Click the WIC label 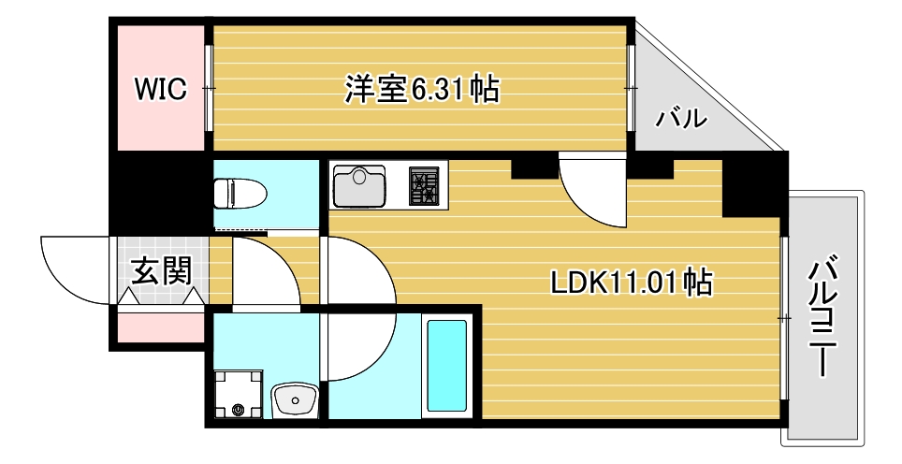160,90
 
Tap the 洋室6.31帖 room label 420,90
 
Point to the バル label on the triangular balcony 679,119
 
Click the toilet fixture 240,195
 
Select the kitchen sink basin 360,184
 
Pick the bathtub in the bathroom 446,364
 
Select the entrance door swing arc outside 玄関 77,271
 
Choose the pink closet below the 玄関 160,327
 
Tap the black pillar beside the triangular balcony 754,182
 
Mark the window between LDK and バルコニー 783,318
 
